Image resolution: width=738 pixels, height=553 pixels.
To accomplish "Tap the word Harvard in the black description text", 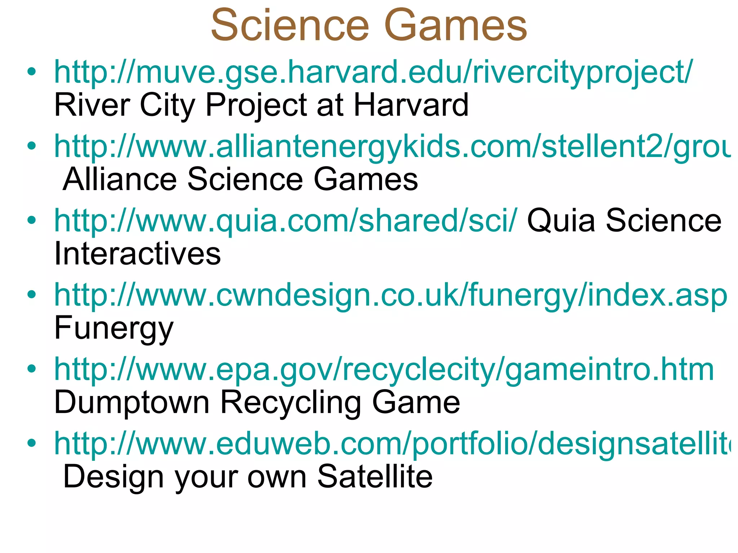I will (411, 105).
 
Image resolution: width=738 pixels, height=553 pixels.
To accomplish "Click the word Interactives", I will (137, 254).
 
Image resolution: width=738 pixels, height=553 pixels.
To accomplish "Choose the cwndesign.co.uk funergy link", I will (391, 296).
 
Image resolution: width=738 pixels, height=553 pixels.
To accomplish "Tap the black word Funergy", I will (114, 328).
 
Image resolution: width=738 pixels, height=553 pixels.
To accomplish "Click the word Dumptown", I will (132, 402).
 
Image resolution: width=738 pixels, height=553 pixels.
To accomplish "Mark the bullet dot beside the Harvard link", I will (32, 72).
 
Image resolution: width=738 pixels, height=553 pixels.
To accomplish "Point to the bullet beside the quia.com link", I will (32, 220).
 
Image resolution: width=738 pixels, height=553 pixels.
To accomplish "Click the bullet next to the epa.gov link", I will (32, 369).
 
